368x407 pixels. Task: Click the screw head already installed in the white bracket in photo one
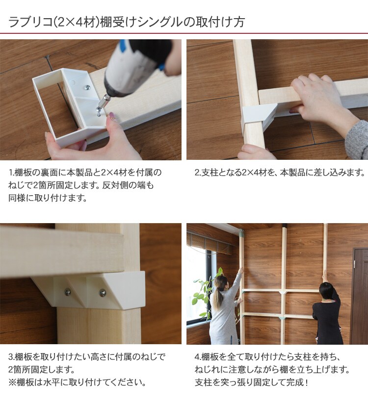click(87, 87)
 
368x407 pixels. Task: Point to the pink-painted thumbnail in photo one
click(112, 116)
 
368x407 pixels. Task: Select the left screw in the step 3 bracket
click(68, 293)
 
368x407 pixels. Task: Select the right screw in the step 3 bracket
click(103, 293)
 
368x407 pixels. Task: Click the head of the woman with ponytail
click(220, 283)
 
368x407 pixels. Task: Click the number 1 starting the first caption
click(11, 173)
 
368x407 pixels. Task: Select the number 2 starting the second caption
click(197, 173)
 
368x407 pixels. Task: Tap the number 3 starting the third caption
click(11, 357)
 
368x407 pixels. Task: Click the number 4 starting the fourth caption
click(197, 357)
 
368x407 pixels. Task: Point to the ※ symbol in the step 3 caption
click(12, 382)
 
